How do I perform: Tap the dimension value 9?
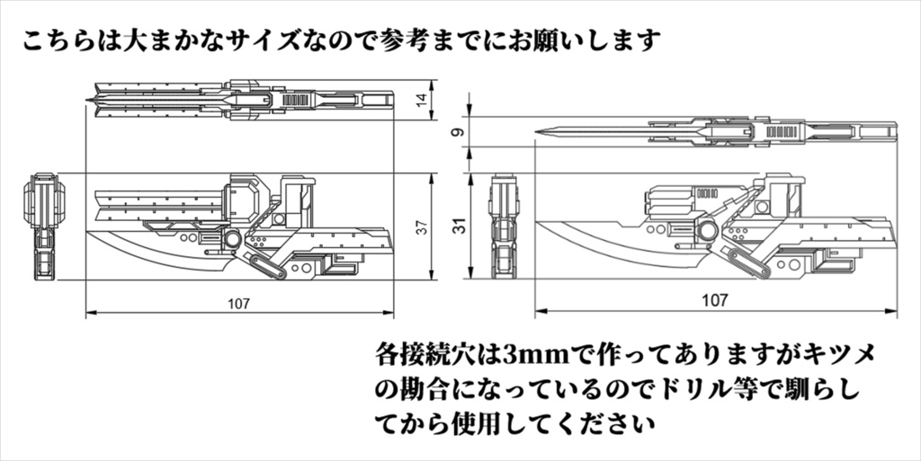(x=459, y=133)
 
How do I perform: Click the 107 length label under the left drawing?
(x=240, y=303)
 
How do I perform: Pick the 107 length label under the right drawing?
(x=715, y=301)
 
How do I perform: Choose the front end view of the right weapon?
(x=504, y=225)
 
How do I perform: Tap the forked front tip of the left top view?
(x=95, y=97)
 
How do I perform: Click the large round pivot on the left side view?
(x=233, y=240)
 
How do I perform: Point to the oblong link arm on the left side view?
(x=257, y=265)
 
